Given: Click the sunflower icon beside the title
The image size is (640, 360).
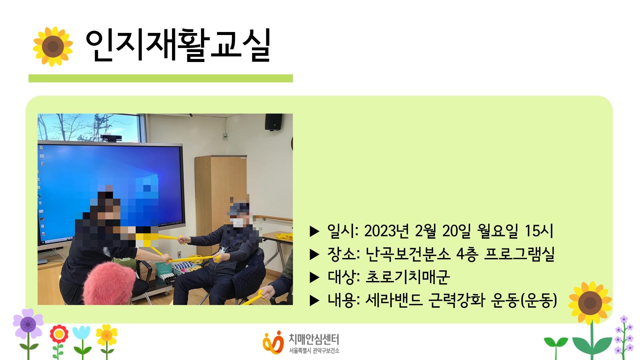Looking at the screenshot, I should (x=53, y=47).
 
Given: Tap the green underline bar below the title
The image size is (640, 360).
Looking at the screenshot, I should (x=160, y=78).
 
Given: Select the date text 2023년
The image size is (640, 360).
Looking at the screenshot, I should (x=386, y=231).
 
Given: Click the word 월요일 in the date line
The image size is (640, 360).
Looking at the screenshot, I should (x=498, y=231).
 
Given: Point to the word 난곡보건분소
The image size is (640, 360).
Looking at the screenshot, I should (x=408, y=254).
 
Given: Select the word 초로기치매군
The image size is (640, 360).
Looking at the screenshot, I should (x=408, y=277).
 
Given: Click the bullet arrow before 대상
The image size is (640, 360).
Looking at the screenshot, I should (x=314, y=278).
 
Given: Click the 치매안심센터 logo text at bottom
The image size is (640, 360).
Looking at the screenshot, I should (x=314, y=340).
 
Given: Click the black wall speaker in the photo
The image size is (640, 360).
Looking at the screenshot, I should (x=273, y=122).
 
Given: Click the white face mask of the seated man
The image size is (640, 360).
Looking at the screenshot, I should (x=238, y=222).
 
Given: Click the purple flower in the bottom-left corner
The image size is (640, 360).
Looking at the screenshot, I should (x=28, y=323).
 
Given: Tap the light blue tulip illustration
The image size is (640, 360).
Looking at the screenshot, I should (x=81, y=333).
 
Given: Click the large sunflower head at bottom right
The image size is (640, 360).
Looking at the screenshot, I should (x=590, y=303).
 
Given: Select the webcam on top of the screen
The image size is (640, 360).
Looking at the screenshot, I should (x=111, y=138).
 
